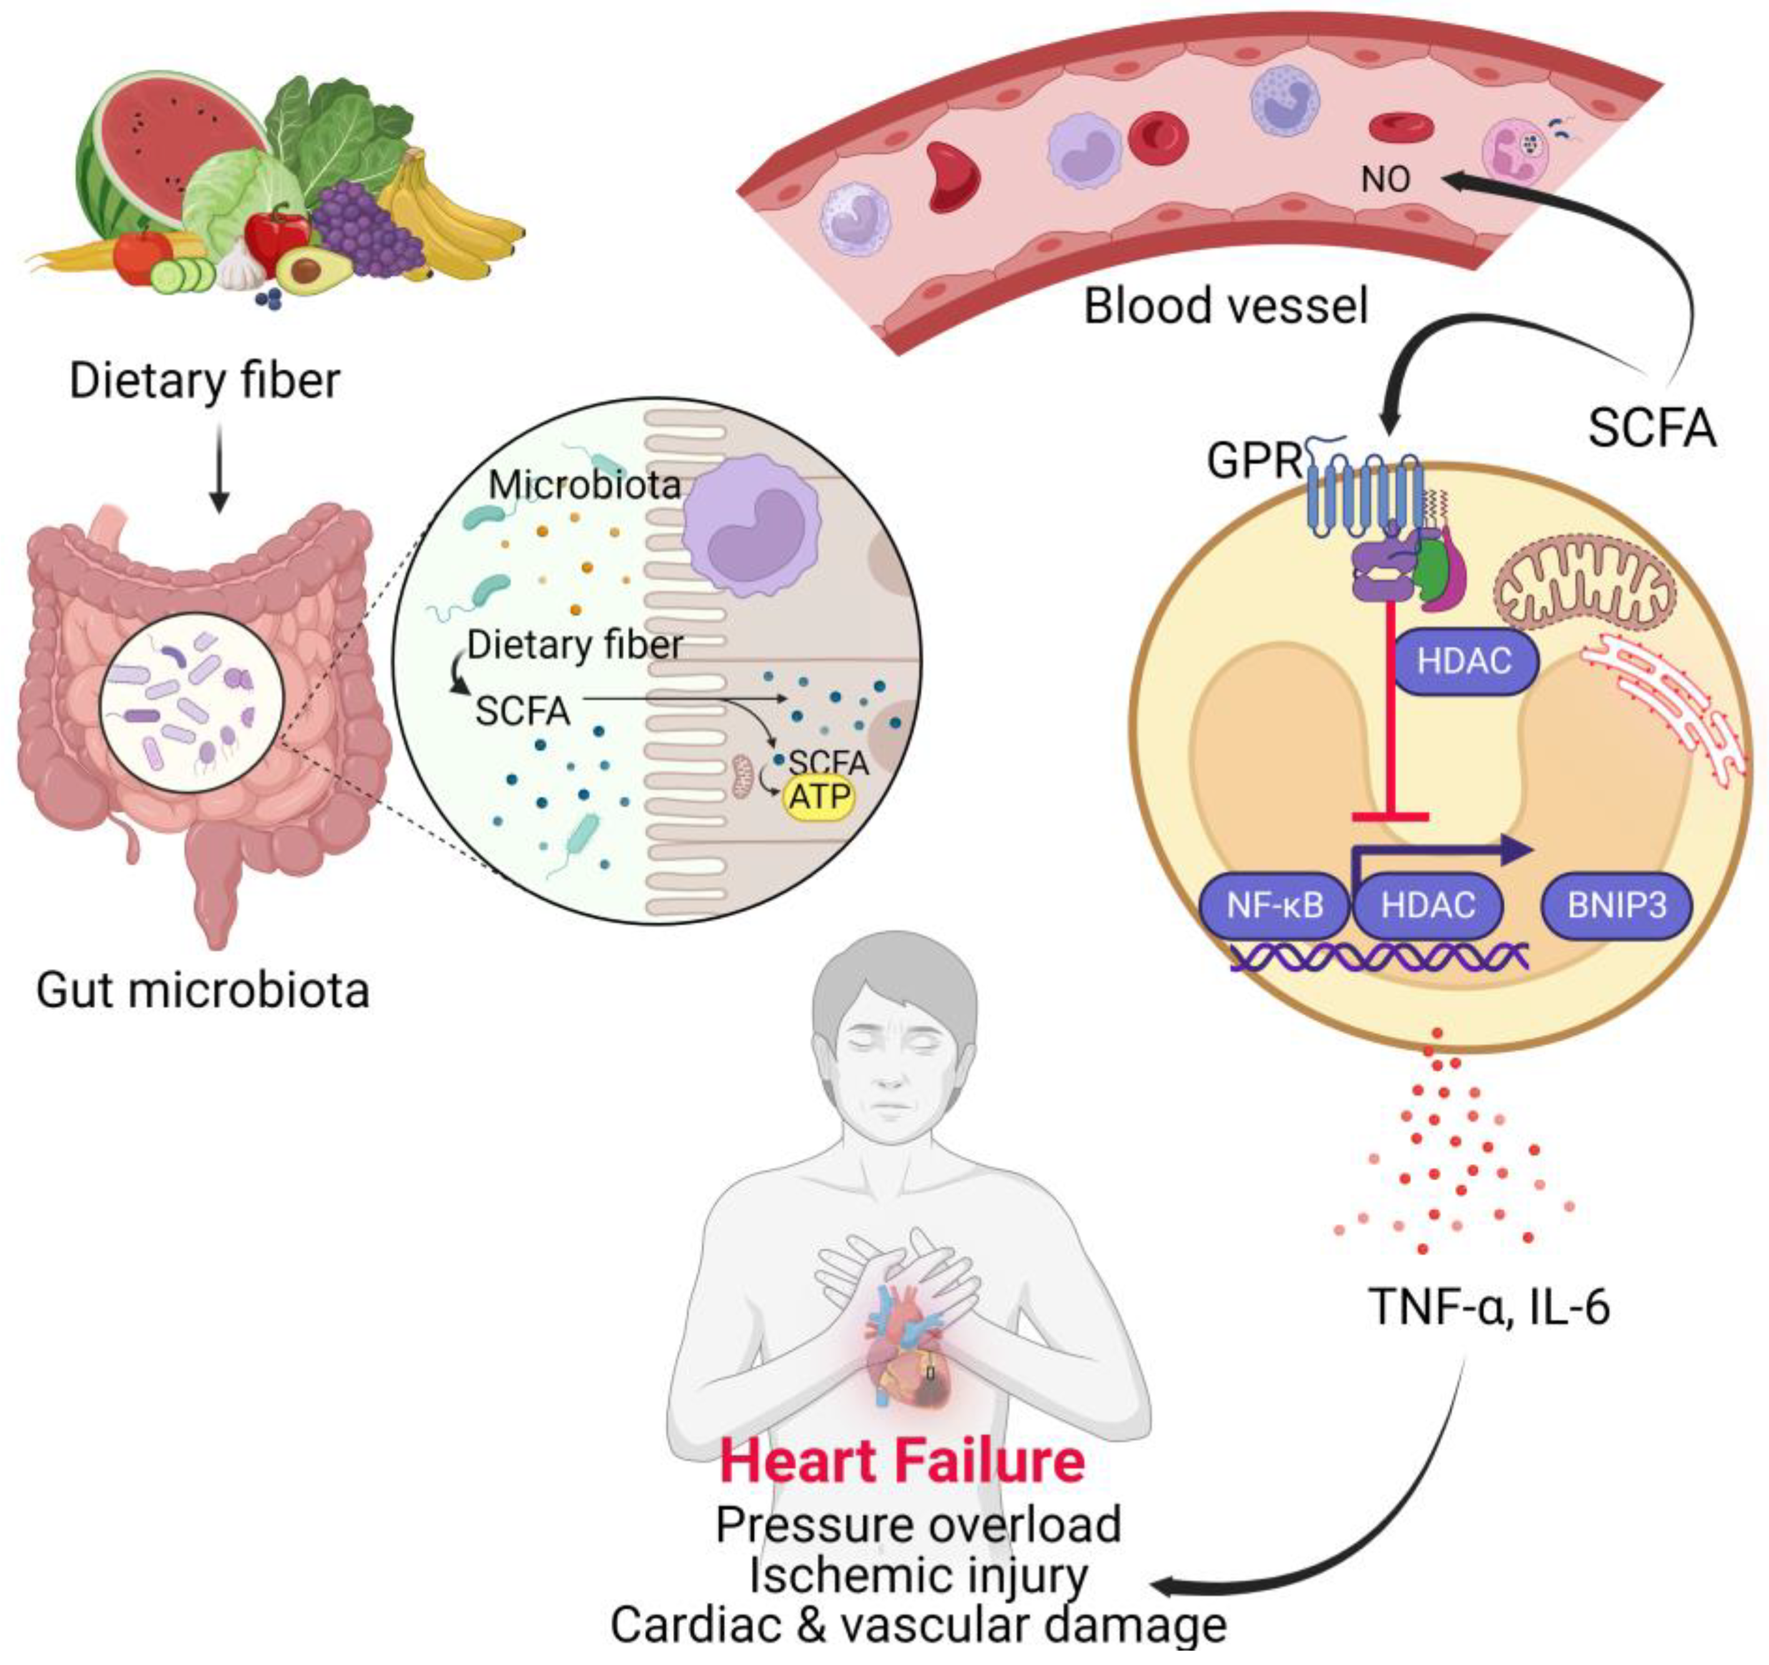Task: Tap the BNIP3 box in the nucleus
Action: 1616,906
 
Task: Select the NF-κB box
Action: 1274,906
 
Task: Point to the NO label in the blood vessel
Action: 1386,180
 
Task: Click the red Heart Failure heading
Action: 902,1461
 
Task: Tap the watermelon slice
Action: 169,151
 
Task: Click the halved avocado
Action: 312,268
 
